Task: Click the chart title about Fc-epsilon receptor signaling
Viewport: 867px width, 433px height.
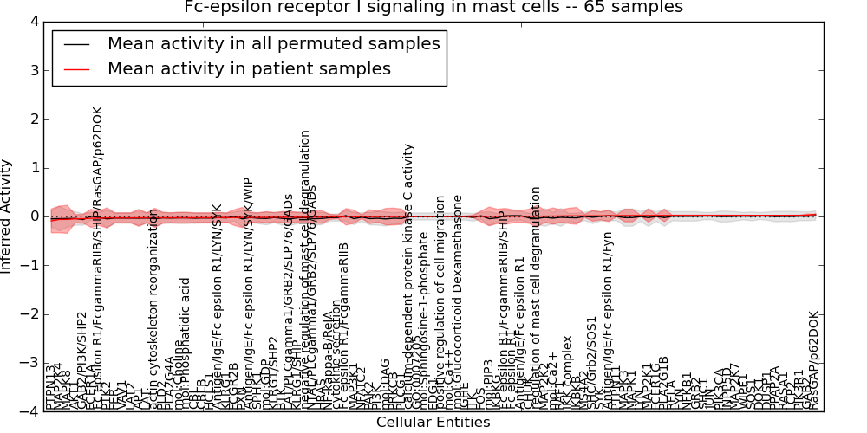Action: [433, 8]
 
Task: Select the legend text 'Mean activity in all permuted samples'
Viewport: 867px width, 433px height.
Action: [273, 43]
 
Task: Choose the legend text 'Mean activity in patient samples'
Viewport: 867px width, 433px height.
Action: [249, 68]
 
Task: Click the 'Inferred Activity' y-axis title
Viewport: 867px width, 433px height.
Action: [8, 216]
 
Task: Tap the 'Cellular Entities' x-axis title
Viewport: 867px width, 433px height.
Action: [433, 423]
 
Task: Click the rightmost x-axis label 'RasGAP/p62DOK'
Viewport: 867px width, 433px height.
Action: [812, 360]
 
